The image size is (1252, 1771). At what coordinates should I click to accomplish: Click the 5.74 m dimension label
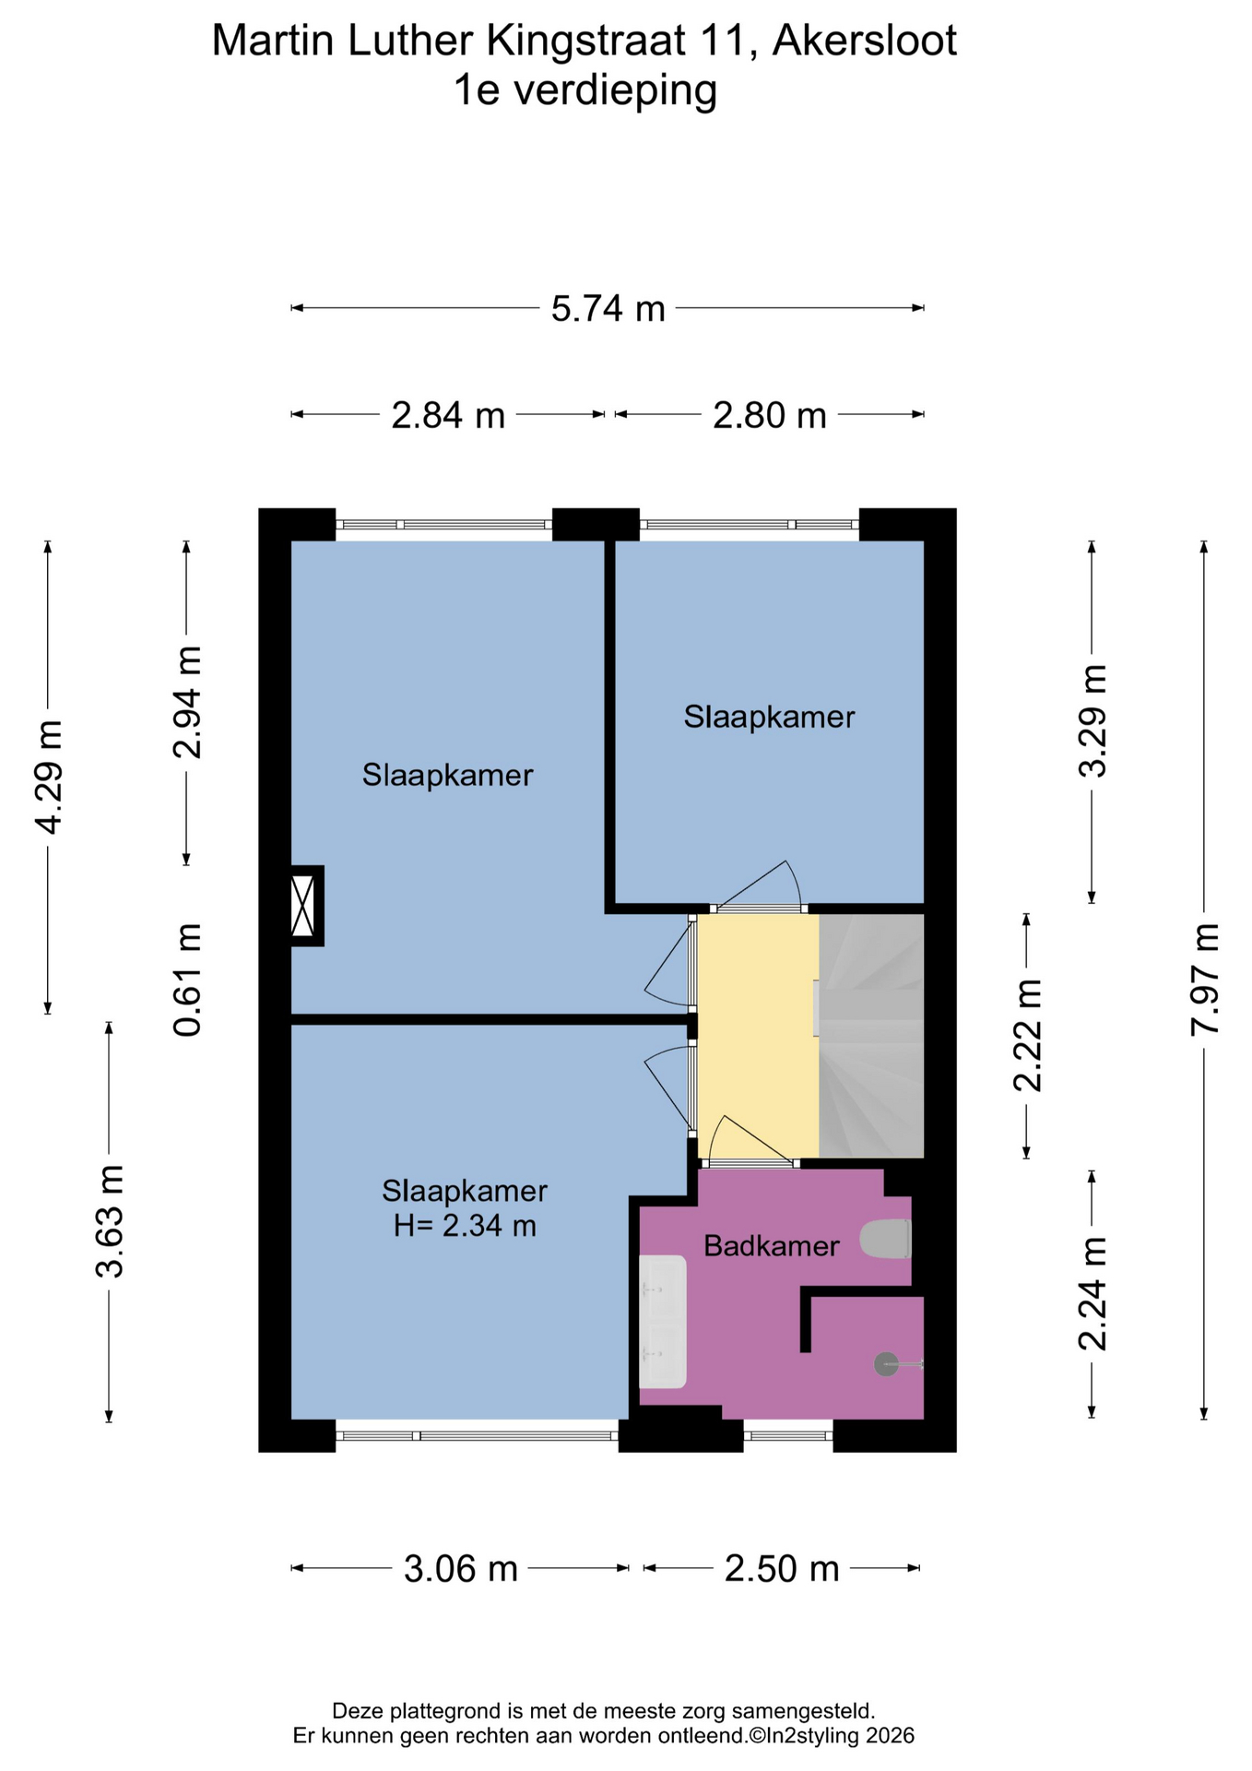point(608,308)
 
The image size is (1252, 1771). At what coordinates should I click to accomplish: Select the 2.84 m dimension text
point(448,415)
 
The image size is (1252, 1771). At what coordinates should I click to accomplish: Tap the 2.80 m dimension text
point(770,415)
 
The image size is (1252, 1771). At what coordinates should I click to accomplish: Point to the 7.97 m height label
point(1204,979)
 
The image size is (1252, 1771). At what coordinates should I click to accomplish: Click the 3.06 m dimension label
point(461,1568)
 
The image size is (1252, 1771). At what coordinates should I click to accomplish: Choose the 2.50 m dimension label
point(782,1568)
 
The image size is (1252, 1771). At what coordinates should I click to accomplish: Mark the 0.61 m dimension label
point(187,980)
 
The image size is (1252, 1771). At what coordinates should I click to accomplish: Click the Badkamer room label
point(772,1246)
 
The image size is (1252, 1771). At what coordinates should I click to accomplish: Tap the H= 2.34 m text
point(465,1226)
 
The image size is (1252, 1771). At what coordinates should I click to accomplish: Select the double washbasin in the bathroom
point(663,1321)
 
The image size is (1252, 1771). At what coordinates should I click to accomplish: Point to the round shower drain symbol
point(886,1364)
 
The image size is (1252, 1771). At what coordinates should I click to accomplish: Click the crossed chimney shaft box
point(303,906)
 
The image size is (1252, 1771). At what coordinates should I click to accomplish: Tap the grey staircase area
point(871,1036)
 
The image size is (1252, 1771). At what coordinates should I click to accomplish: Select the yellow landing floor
point(758,1036)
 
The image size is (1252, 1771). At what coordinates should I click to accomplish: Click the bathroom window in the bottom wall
point(788,1435)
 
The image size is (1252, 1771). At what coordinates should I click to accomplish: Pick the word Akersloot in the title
point(865,42)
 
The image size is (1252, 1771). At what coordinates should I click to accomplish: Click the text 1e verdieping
point(585,91)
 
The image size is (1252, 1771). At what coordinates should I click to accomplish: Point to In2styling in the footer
point(809,1736)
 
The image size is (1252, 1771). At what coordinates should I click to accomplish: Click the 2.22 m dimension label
point(1027,1036)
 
